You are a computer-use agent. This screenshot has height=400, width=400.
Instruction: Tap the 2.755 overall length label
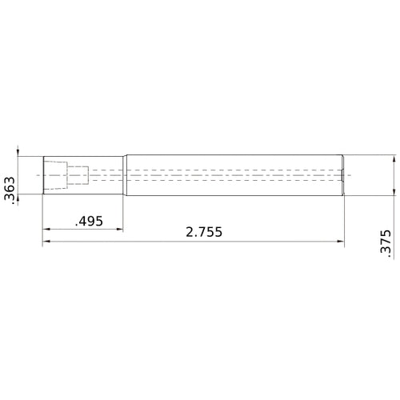click(203, 232)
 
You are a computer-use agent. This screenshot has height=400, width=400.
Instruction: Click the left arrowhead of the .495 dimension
click(46, 229)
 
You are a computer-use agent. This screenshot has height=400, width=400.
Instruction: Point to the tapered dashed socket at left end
click(57, 174)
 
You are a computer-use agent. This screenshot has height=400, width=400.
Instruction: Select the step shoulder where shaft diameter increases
click(123, 174)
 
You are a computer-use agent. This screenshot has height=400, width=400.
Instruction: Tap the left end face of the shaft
click(43, 174)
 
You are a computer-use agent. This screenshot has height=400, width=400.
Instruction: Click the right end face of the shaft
click(344, 174)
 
